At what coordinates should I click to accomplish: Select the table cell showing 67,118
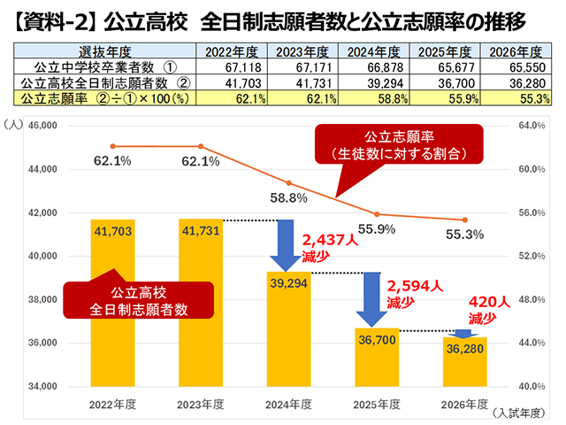(232, 66)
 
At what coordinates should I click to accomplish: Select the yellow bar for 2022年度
(113, 301)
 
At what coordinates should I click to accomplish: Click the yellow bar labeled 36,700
(377, 359)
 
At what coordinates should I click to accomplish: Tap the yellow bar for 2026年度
(464, 363)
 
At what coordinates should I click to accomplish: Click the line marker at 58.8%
(288, 182)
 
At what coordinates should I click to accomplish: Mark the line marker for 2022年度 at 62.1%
(113, 146)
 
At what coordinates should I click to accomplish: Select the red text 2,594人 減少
(413, 293)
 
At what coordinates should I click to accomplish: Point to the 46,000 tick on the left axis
(43, 126)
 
